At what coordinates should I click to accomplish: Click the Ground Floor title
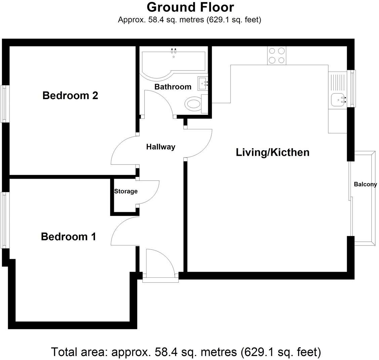[190, 7]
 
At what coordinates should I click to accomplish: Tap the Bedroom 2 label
[70, 96]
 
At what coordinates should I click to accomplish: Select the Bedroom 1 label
[69, 237]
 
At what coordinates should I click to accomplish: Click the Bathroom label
[173, 87]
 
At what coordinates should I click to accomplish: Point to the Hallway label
[161, 147]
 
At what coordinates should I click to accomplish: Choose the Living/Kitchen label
[272, 152]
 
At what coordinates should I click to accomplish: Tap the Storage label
[126, 191]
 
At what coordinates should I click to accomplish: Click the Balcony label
[365, 184]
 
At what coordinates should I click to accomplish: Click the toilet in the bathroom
[194, 103]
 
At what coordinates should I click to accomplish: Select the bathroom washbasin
[203, 83]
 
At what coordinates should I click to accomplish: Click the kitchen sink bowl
[337, 99]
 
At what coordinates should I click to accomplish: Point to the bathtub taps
[174, 51]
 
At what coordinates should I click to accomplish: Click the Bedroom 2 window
[5, 104]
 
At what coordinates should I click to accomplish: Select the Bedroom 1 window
[5, 220]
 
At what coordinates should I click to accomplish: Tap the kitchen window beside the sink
[352, 88]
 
